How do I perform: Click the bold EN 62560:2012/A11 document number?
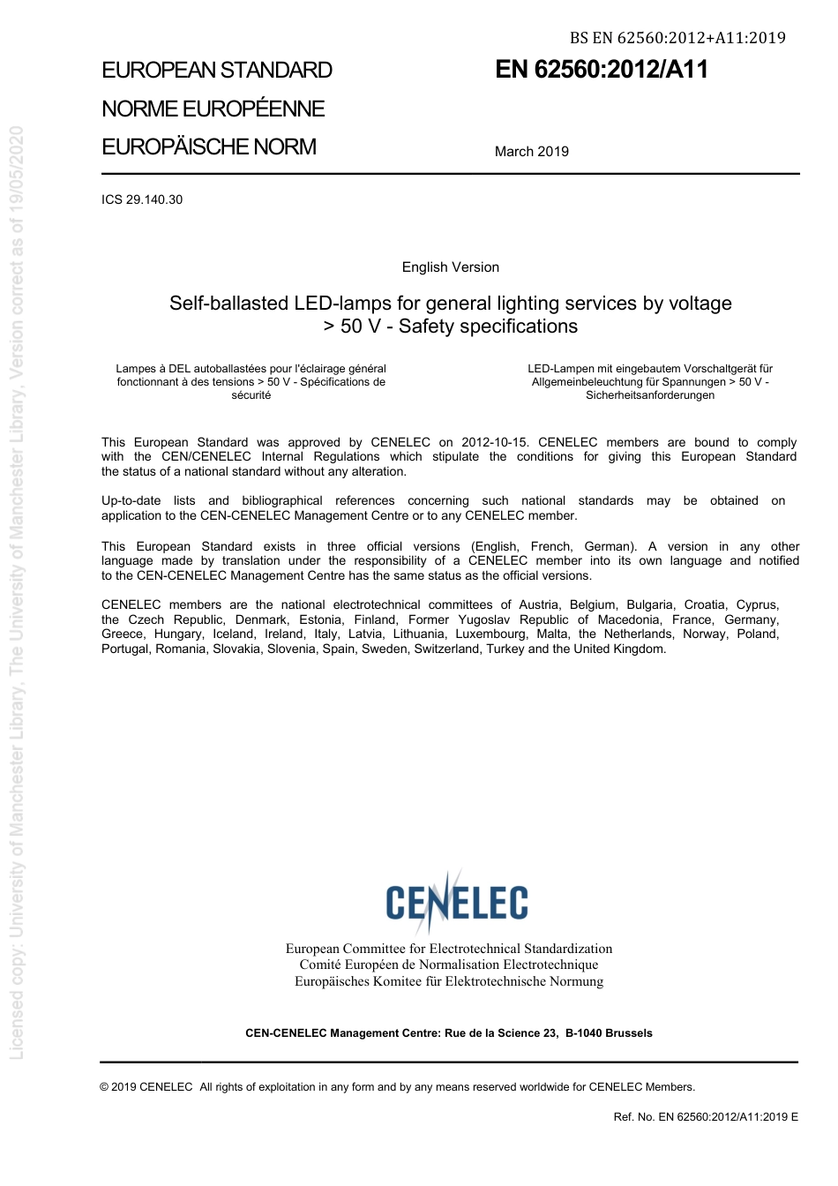602,70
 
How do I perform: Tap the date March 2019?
531,152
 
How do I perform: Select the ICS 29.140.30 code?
142,199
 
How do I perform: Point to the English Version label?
450,267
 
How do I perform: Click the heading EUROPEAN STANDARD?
217,71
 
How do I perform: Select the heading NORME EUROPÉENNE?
213,109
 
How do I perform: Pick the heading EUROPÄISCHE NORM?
209,147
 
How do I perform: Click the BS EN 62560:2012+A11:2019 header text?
677,38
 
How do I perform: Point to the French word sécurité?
251,395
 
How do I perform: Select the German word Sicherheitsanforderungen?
650,395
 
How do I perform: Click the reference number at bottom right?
706,1117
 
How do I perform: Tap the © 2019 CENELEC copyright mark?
146,1087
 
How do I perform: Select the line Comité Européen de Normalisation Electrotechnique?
448,965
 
